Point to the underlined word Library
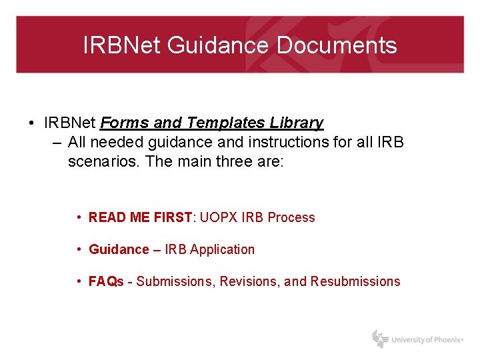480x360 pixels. click(297, 123)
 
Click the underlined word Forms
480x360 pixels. click(125, 123)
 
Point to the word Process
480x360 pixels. click(291, 217)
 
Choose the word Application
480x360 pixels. click(222, 249)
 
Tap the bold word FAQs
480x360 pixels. click(106, 281)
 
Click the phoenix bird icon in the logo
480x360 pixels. click(380, 339)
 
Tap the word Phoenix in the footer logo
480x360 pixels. click(443, 340)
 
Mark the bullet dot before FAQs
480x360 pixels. click(79, 281)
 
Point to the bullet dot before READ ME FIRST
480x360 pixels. click(79, 217)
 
